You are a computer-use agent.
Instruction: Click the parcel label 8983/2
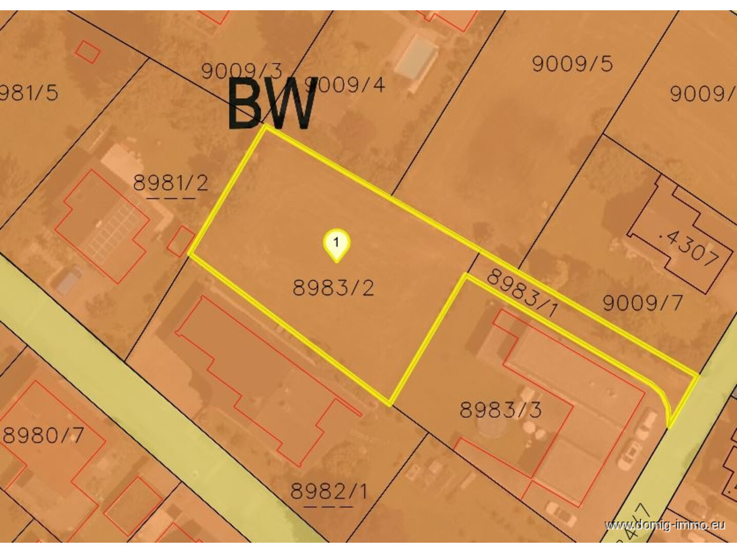(x=333, y=288)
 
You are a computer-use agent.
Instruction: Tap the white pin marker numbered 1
(x=336, y=243)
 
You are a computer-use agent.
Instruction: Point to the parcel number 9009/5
(x=572, y=64)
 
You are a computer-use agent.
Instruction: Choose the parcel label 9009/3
(x=241, y=71)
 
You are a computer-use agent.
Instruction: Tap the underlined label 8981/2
(x=170, y=182)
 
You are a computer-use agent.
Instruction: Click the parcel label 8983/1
(x=521, y=293)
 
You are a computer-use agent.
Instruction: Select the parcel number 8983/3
(x=500, y=410)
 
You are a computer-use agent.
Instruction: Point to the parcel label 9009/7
(x=642, y=302)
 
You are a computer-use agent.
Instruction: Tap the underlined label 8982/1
(x=328, y=491)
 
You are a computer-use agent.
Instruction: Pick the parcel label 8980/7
(x=43, y=435)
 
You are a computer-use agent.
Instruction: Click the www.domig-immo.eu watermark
(x=665, y=525)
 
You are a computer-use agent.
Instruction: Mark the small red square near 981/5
(x=88, y=51)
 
